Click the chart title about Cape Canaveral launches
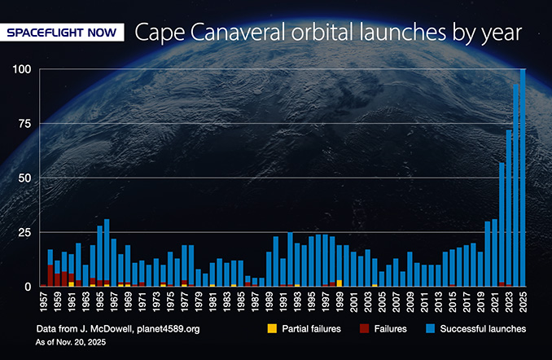point(327,33)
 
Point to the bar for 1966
point(107,252)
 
